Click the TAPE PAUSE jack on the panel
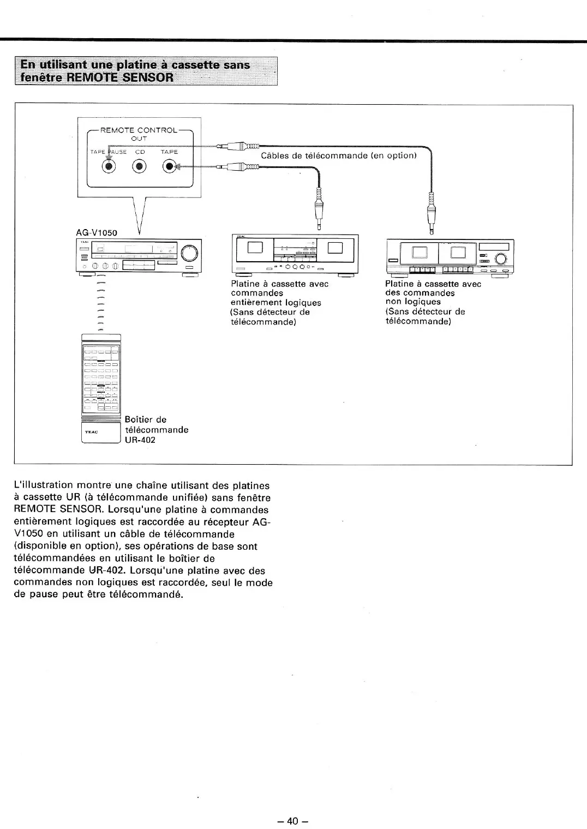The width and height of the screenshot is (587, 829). [x=110, y=166]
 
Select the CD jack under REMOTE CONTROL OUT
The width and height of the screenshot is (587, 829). [x=140, y=166]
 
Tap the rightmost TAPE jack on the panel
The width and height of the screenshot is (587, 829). [x=170, y=166]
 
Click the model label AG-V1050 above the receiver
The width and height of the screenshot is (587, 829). [x=97, y=232]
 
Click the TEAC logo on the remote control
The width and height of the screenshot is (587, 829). [x=91, y=432]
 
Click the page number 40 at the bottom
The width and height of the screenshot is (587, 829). [x=293, y=806]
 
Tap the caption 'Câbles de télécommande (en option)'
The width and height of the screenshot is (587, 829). [x=338, y=156]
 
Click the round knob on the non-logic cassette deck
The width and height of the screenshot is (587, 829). [x=500, y=259]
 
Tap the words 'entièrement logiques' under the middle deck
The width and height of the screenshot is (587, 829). [x=275, y=302]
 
